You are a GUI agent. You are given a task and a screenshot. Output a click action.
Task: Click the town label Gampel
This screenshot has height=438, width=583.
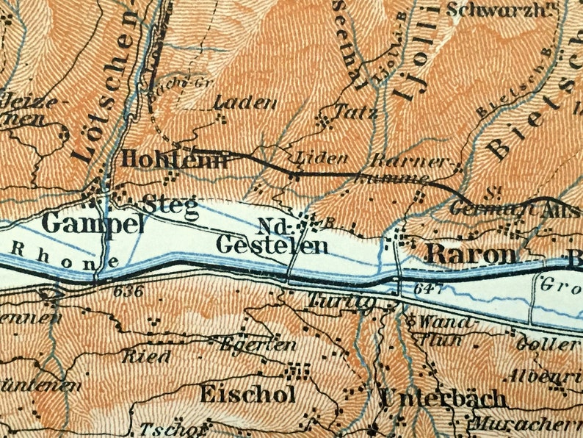tap(93, 223)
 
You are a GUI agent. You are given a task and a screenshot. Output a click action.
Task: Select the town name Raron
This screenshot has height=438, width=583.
tap(471, 254)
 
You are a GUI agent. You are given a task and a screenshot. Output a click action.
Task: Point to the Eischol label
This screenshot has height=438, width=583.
tap(247, 394)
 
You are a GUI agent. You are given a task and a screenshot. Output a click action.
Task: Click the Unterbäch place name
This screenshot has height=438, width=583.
tap(443, 398)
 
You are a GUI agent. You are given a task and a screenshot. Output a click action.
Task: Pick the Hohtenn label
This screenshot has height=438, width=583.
tap(173, 159)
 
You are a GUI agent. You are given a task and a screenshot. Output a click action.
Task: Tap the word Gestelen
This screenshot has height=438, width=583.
tap(272, 245)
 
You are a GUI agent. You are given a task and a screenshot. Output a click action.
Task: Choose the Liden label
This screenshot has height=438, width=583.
tap(315, 158)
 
